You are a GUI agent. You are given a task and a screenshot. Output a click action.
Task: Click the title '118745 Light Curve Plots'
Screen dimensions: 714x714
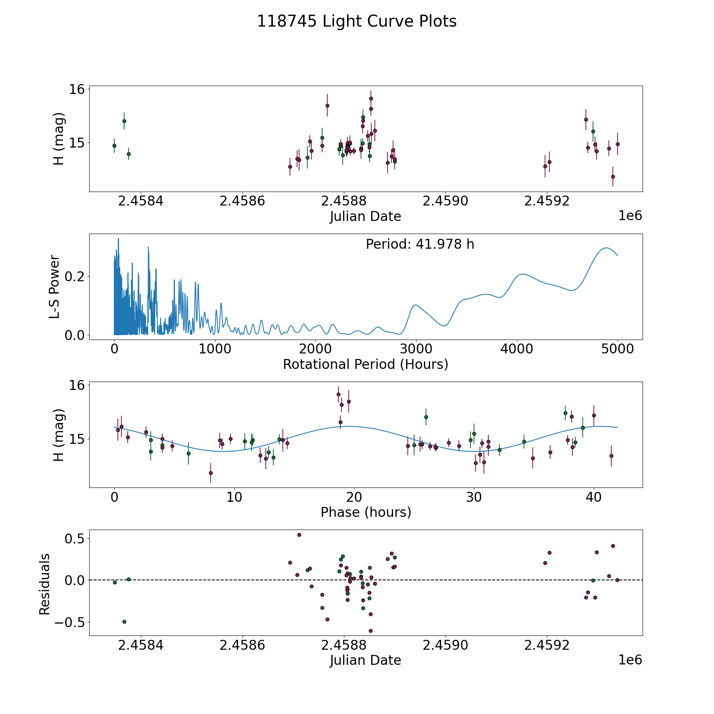[357, 21]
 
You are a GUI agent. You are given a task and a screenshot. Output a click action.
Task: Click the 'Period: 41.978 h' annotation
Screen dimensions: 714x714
[420, 244]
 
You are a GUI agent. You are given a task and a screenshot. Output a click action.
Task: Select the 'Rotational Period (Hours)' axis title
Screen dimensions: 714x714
[365, 364]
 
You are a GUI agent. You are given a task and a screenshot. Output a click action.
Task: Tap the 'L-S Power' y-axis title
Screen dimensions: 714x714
[54, 286]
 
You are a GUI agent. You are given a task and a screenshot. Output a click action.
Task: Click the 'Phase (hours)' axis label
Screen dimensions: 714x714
[366, 512]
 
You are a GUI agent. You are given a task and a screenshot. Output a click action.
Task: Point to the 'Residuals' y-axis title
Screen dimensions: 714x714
[44, 584]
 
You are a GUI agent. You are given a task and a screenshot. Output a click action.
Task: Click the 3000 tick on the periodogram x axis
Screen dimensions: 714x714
[416, 349]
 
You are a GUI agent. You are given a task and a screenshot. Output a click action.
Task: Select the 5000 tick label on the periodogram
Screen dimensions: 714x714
[617, 349]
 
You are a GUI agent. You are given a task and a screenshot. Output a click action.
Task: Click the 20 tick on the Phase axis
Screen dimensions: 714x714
[354, 497]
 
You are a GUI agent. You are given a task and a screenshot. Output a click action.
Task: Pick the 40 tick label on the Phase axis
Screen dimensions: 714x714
[593, 497]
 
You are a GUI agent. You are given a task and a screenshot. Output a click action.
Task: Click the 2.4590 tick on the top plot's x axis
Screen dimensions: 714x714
[445, 201]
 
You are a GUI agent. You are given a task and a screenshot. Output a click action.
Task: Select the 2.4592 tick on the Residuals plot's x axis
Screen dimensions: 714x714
[547, 645]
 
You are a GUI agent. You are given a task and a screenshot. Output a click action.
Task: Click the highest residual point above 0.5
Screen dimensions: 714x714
[299, 535]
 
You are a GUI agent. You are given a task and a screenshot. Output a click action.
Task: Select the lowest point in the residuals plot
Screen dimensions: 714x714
[370, 631]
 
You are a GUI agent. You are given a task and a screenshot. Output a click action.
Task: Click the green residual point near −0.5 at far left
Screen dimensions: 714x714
[124, 622]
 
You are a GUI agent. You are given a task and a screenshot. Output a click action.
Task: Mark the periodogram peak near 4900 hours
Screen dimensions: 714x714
[606, 248]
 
